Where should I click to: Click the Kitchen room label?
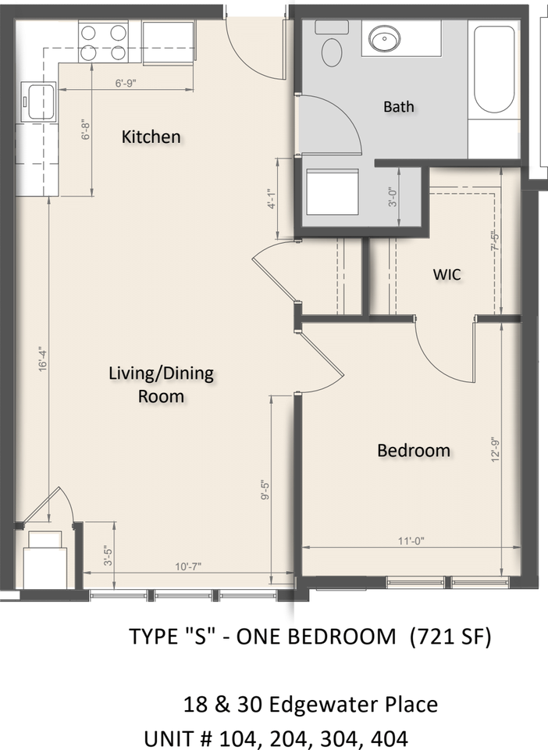point(151,137)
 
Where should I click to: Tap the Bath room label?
point(398,106)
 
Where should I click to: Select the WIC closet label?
point(447,274)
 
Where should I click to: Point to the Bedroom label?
point(413,450)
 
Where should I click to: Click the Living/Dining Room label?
point(161,384)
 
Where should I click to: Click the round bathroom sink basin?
point(384,37)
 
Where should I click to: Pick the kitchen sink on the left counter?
point(38,101)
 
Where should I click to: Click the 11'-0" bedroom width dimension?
point(409,540)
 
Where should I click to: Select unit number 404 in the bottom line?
point(387,738)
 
